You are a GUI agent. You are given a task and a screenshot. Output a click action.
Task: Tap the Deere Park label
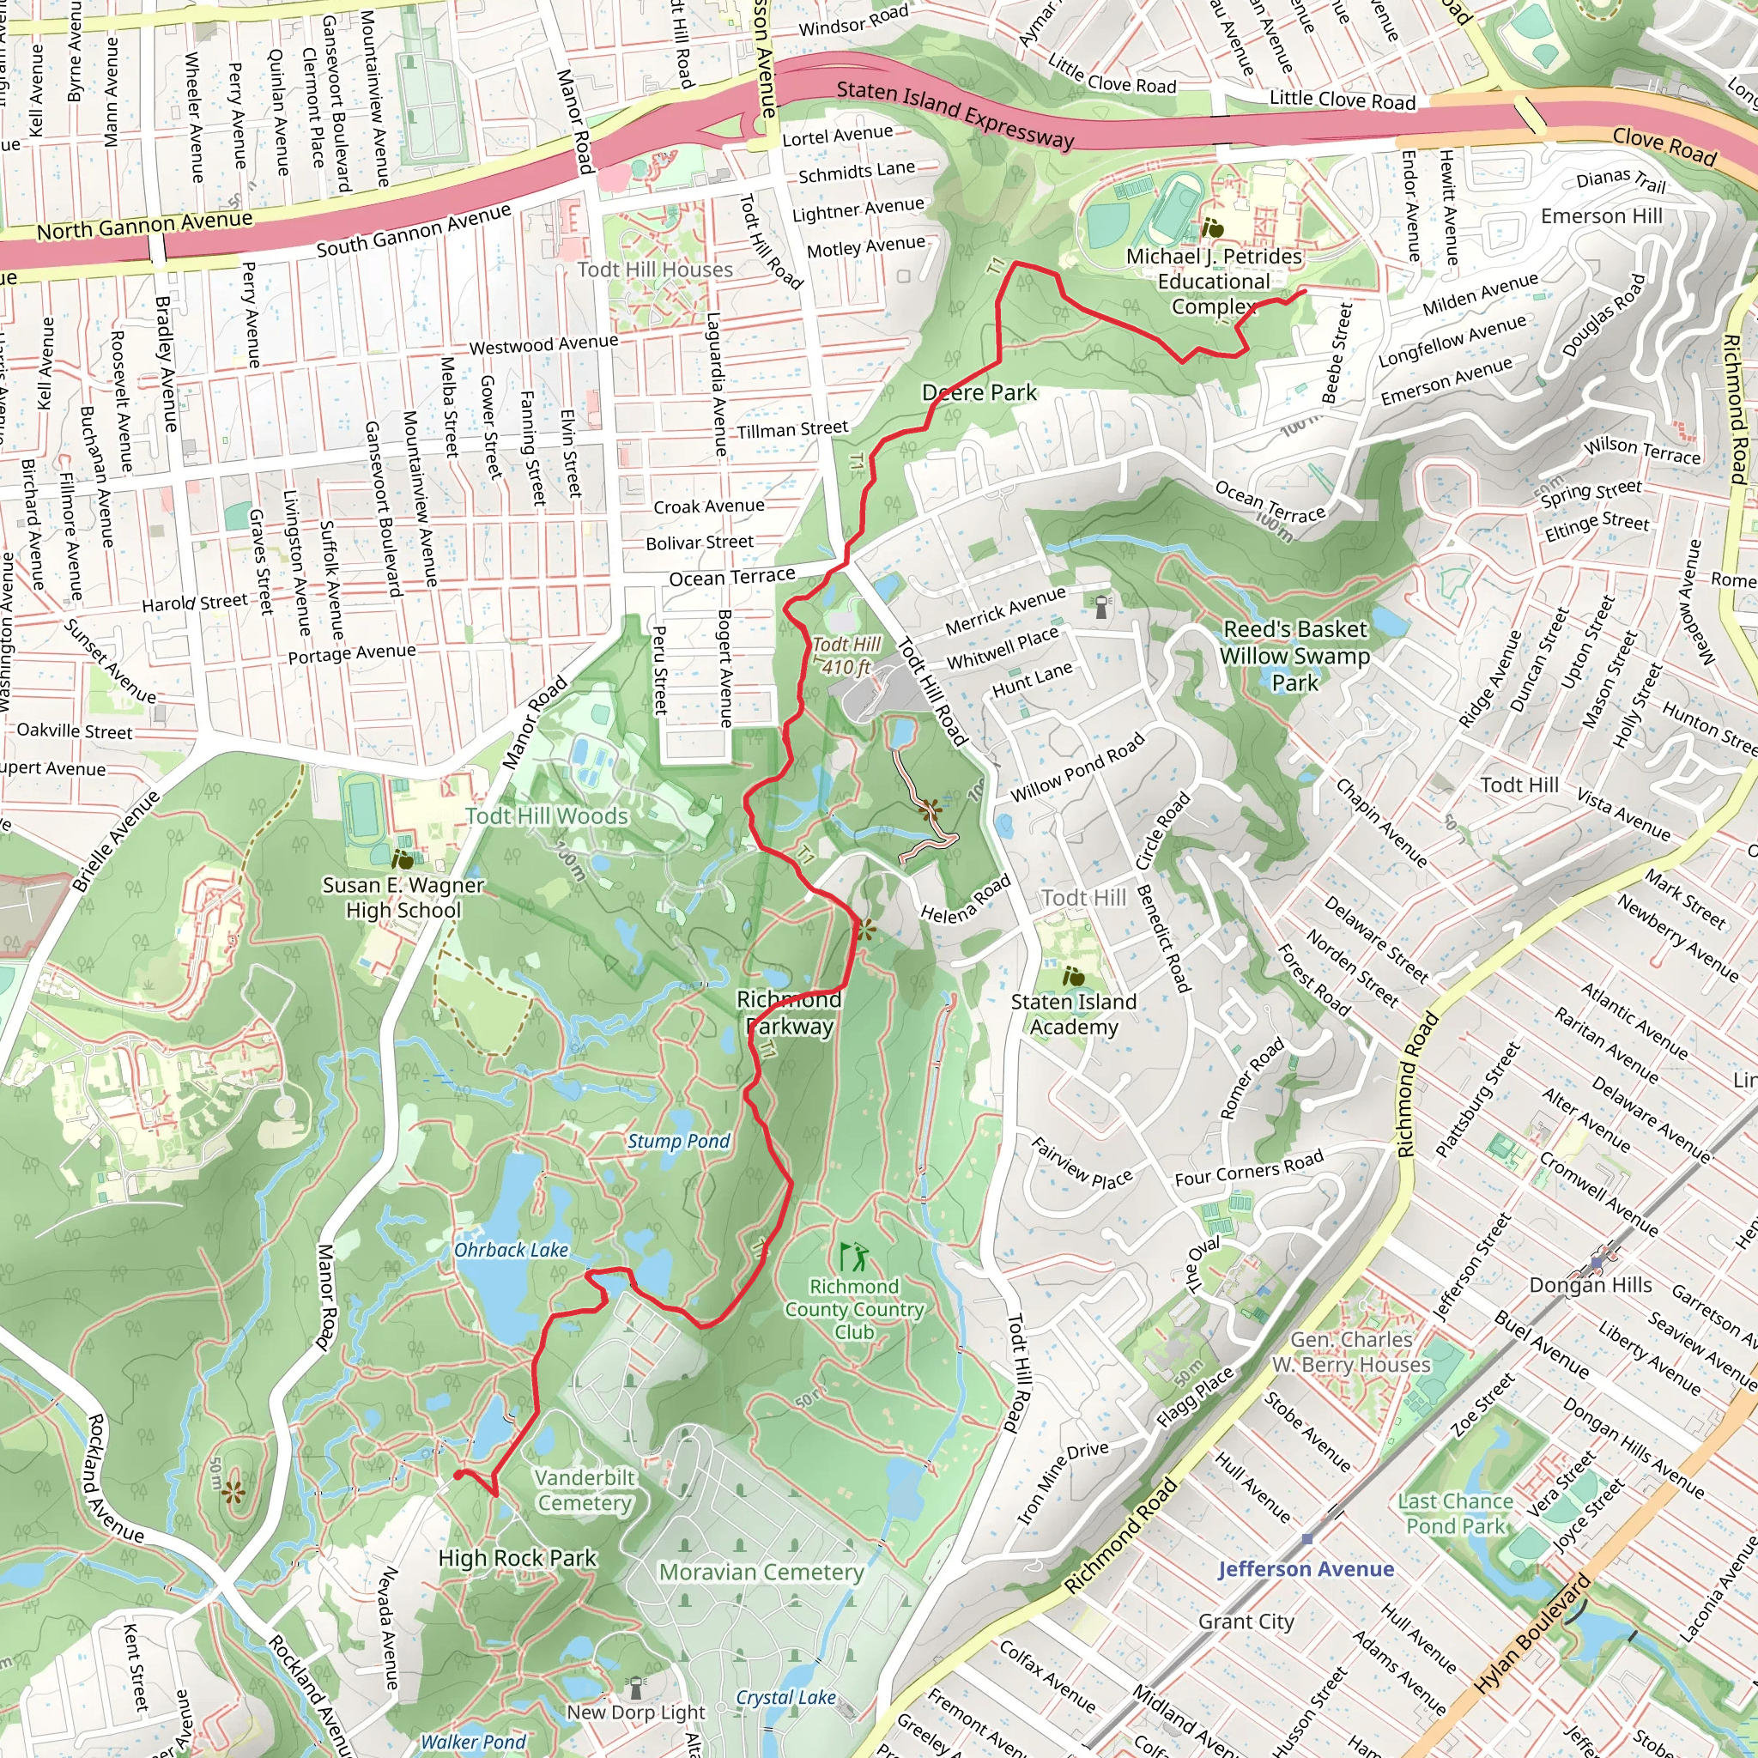pyautogui.click(x=979, y=393)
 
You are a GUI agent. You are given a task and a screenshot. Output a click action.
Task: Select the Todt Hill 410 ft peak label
pyautogui.click(x=846, y=655)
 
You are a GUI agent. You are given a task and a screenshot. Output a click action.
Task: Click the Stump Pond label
pyautogui.click(x=679, y=1141)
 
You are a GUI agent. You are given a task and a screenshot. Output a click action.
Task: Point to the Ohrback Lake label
pyautogui.click(x=512, y=1250)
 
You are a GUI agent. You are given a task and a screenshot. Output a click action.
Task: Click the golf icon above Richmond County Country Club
pyautogui.click(x=852, y=1258)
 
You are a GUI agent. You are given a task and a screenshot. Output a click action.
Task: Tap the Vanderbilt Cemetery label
pyautogui.click(x=585, y=1490)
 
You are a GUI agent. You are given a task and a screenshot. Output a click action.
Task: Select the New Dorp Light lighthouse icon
pyautogui.click(x=636, y=1687)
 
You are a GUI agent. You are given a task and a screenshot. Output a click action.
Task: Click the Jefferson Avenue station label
pyautogui.click(x=1306, y=1569)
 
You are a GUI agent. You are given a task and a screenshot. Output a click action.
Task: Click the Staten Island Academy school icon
pyautogui.click(x=1074, y=977)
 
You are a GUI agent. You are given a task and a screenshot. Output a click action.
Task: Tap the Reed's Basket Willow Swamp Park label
pyautogui.click(x=1294, y=655)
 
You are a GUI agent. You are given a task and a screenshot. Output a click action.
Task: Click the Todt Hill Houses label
pyautogui.click(x=654, y=270)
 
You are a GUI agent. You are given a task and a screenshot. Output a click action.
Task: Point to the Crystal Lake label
pyautogui.click(x=785, y=1697)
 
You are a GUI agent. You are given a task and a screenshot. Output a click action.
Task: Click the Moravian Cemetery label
pyautogui.click(x=761, y=1573)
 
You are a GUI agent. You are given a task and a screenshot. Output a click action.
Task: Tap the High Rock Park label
pyautogui.click(x=517, y=1558)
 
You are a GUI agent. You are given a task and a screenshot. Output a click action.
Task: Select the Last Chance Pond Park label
pyautogui.click(x=1455, y=1513)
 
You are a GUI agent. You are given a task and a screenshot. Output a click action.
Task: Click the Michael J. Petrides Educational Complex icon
pyautogui.click(x=1213, y=227)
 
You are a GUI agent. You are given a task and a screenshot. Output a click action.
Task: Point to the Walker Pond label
pyautogui.click(x=473, y=1742)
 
